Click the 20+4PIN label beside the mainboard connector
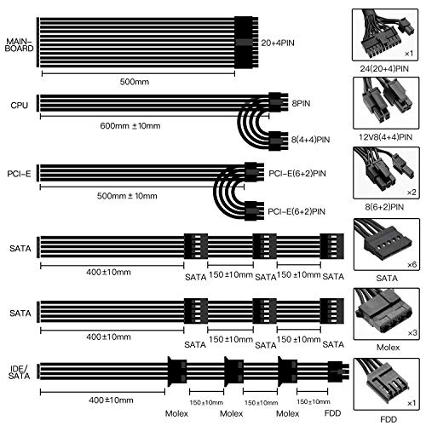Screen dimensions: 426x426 pos(278,43)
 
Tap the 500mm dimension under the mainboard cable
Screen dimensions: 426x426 pos(135,82)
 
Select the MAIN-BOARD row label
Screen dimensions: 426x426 pos(19,45)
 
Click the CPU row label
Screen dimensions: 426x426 pos(20,106)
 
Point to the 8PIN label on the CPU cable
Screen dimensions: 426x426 pos(301,103)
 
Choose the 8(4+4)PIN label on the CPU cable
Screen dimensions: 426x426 pos(310,140)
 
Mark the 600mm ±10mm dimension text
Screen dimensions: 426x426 pos(130,126)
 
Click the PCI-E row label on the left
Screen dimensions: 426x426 pos(19,174)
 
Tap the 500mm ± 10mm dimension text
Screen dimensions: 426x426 pos(127,196)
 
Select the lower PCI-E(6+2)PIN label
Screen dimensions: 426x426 pos(296,211)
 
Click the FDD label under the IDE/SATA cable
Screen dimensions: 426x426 pos(332,413)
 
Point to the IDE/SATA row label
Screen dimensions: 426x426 pos(19,372)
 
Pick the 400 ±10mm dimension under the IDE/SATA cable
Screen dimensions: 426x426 pos(111,400)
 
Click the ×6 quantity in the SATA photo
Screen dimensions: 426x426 pos(412,265)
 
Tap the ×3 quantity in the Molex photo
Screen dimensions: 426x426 pos(412,333)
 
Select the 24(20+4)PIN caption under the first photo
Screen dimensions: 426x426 pos(384,69)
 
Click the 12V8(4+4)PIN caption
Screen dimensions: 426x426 pos(385,137)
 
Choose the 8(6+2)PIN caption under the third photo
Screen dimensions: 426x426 pos(384,207)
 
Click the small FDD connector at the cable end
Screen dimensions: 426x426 pos(338,371)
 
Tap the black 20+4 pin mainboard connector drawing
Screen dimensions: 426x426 pos(246,43)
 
